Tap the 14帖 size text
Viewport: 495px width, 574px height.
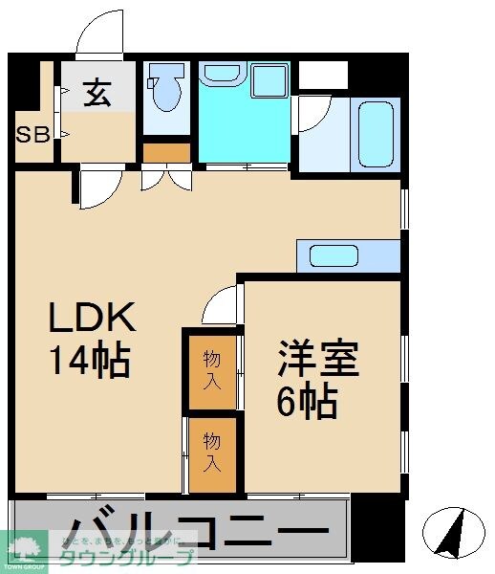click(90, 361)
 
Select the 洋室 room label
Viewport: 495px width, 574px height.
click(317, 362)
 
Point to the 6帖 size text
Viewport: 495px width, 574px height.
click(307, 403)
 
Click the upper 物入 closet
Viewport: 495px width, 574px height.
click(211, 369)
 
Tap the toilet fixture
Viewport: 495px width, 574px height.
click(167, 91)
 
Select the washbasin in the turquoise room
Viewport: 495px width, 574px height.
click(223, 77)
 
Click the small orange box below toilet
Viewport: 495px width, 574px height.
click(166, 152)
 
